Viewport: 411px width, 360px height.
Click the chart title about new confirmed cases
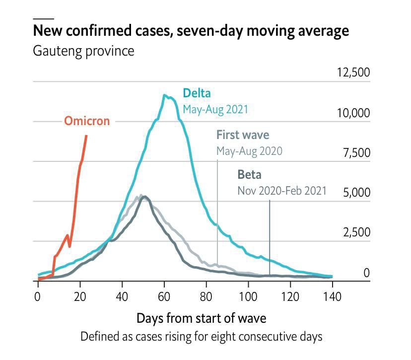(x=191, y=31)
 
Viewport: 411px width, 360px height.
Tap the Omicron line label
(x=87, y=121)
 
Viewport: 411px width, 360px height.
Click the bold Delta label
(x=197, y=93)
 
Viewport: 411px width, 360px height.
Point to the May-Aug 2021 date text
(x=215, y=109)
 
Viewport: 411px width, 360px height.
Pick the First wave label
(x=243, y=135)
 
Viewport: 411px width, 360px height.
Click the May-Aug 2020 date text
(x=249, y=151)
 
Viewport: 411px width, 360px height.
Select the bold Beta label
(x=249, y=174)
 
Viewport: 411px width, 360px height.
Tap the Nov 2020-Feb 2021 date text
(x=282, y=190)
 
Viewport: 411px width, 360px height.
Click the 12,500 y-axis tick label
(x=353, y=72)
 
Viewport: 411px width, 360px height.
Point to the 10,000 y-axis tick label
(x=353, y=113)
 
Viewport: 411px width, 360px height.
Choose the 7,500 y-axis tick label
(x=356, y=152)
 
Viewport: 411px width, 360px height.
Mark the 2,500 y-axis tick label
(x=356, y=232)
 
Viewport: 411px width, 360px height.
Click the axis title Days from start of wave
(x=201, y=317)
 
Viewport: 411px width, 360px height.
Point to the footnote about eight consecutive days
(x=201, y=336)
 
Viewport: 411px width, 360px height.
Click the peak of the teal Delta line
(x=164, y=95)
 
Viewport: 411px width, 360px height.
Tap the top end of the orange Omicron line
(x=87, y=136)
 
